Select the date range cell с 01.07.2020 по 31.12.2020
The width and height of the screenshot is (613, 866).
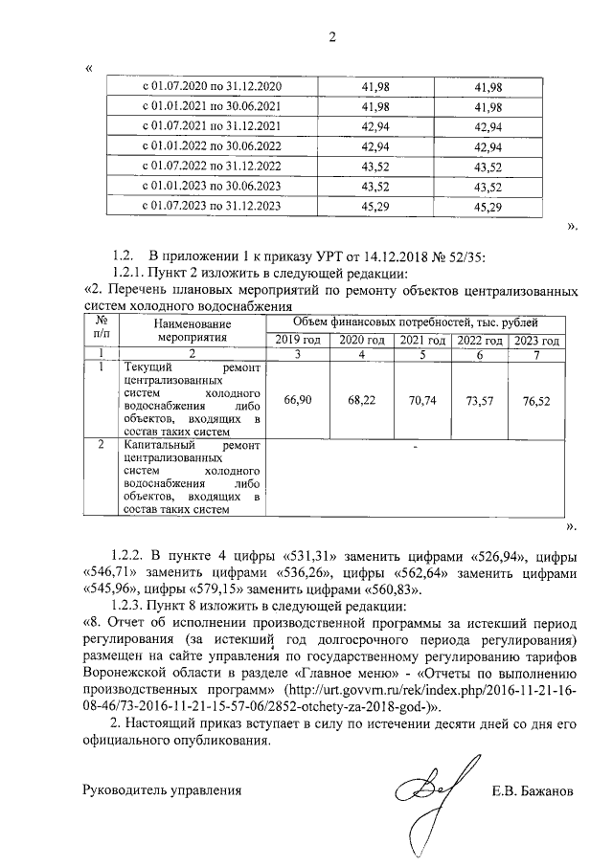(x=212, y=87)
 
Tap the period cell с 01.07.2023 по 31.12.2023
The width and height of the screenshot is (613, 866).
(x=212, y=205)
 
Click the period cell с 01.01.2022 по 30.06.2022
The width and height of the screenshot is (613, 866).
(x=212, y=146)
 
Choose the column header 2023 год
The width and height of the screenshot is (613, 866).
(x=536, y=341)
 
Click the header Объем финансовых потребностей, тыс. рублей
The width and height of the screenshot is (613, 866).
(x=415, y=324)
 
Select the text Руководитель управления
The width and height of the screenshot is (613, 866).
(x=157, y=791)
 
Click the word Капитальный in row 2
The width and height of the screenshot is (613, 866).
(x=158, y=446)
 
